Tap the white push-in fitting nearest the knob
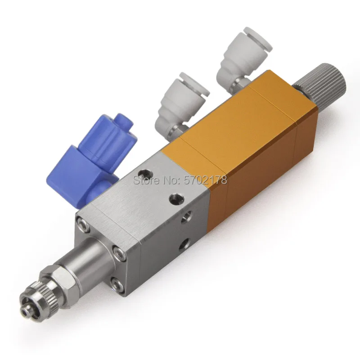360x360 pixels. (242, 61)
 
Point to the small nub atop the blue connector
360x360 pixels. (124, 121)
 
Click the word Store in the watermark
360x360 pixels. (147, 180)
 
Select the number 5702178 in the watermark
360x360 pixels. (206, 180)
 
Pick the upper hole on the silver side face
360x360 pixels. (186, 217)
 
